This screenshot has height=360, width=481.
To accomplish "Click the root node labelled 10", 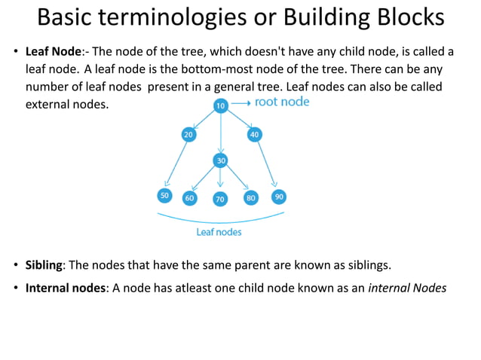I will pyautogui.click(x=220, y=106).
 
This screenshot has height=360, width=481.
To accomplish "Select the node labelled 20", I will pyautogui.click(x=188, y=134).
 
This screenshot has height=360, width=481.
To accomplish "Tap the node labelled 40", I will pyautogui.click(x=254, y=134).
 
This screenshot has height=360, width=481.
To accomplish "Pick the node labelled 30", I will pyautogui.click(x=220, y=160).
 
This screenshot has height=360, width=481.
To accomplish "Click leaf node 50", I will pyautogui.click(x=164, y=196).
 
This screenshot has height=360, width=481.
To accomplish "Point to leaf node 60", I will pyautogui.click(x=189, y=198).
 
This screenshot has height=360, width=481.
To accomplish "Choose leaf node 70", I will pyautogui.click(x=220, y=200).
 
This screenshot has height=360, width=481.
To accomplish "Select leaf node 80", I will pyautogui.click(x=251, y=198).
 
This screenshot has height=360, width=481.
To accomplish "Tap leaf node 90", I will pyautogui.click(x=279, y=197).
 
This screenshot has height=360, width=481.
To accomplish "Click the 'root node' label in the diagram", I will pyautogui.click(x=282, y=102).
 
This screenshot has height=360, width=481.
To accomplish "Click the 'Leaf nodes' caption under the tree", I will pyautogui.click(x=219, y=232).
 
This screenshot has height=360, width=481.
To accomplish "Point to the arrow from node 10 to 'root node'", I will pyautogui.click(x=240, y=102).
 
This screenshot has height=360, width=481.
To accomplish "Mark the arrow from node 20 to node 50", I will pyautogui.click(x=175, y=166).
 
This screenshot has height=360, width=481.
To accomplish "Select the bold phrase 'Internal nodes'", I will pyautogui.click(x=66, y=288).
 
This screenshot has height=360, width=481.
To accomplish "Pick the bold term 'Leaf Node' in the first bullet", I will pyautogui.click(x=54, y=52).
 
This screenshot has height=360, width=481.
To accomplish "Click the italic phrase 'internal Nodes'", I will pyautogui.click(x=407, y=288).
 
